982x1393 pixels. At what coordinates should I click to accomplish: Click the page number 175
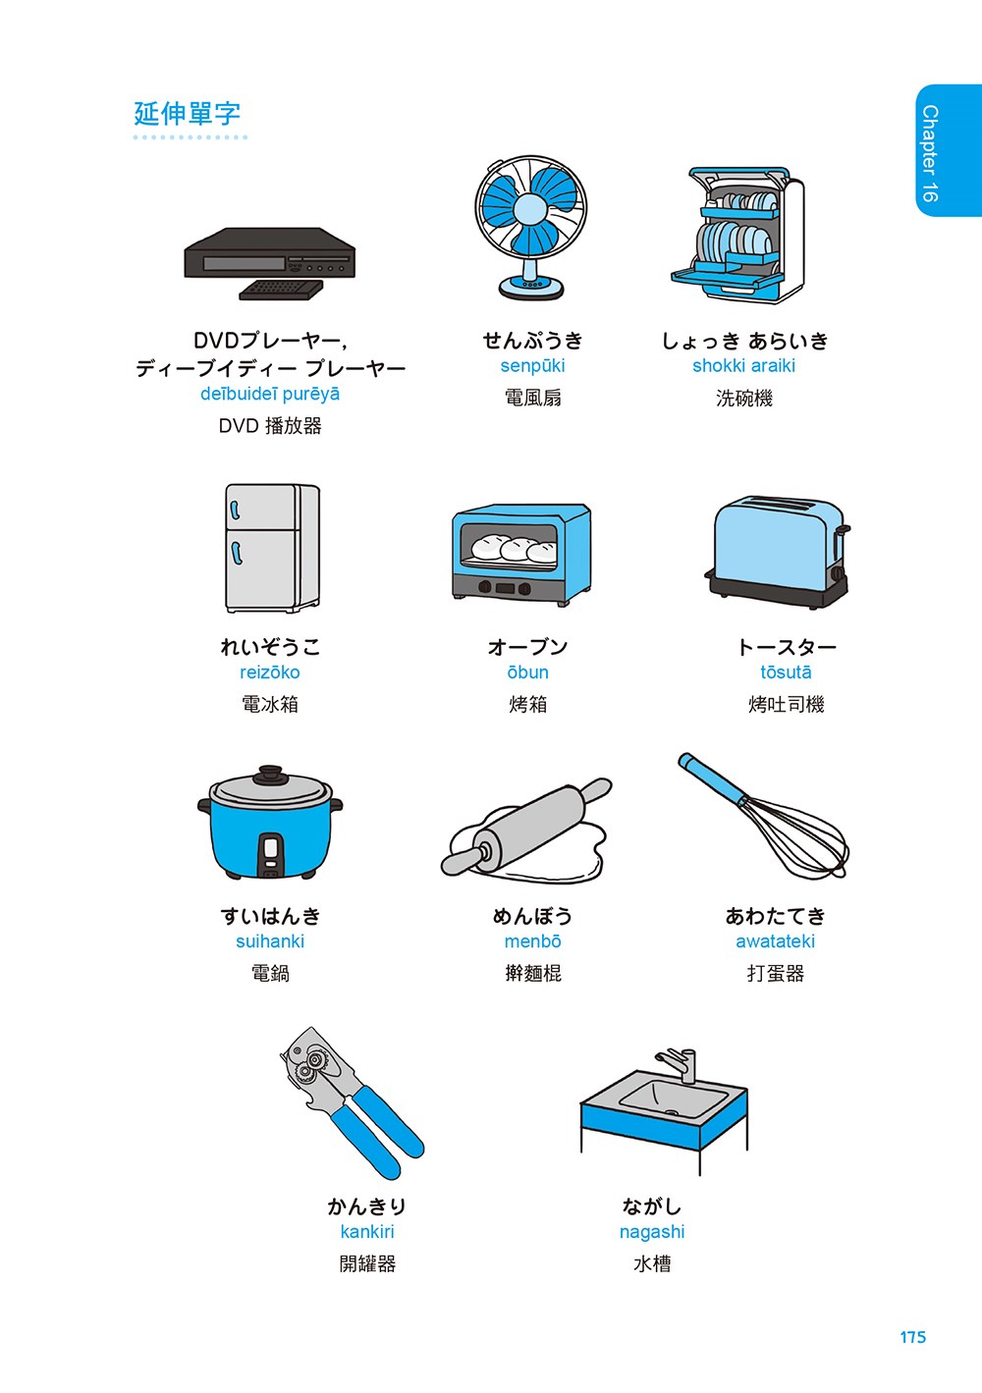coord(912,1337)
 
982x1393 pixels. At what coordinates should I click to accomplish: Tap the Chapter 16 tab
coord(949,150)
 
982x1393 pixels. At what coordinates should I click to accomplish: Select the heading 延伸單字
coord(188,114)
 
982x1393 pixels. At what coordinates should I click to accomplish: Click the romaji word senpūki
coord(532,365)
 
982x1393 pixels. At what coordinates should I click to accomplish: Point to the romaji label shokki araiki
coord(743,365)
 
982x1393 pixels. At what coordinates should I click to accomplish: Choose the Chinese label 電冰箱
coord(270,704)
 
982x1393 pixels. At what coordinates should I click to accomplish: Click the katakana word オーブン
coord(527,647)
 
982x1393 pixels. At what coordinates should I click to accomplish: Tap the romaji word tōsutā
coord(787,672)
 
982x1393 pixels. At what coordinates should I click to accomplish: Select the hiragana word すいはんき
coord(270,916)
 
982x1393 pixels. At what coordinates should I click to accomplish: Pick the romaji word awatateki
coord(775,941)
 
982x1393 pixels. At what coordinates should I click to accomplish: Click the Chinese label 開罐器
coord(367,1263)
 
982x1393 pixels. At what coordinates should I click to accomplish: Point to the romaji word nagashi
coord(652,1232)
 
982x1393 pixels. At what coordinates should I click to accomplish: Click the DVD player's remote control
coord(281,290)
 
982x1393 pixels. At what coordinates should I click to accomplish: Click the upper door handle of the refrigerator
coord(235,509)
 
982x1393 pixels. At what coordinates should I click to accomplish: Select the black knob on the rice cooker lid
coord(270,773)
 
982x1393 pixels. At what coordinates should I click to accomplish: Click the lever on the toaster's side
coord(842,530)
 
